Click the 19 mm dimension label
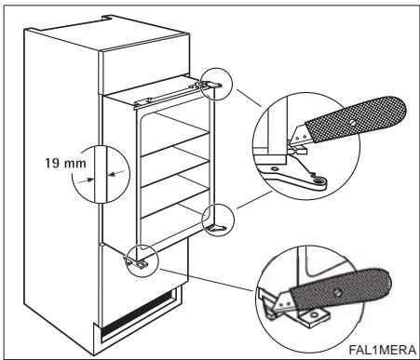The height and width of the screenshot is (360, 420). [x=65, y=163]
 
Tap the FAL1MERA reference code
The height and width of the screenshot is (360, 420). [x=382, y=350]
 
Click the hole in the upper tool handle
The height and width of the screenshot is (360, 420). [x=352, y=123]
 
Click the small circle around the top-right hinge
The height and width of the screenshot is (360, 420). [x=216, y=69]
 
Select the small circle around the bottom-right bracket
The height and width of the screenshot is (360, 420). [x=218, y=205]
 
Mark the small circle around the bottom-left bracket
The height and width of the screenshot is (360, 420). [x=142, y=244]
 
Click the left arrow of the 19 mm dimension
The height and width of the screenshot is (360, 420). [x=87, y=180]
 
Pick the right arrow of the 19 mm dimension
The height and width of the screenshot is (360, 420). [x=115, y=173]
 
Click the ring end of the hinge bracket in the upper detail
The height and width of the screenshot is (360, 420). [x=318, y=180]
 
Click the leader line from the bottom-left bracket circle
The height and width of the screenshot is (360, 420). [x=207, y=280]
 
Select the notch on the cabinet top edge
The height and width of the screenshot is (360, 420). [x=107, y=18]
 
